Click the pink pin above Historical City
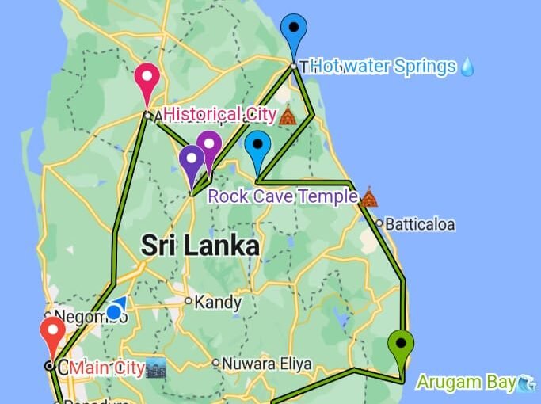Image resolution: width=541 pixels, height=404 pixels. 147,78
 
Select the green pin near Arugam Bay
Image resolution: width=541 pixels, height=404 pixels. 401,345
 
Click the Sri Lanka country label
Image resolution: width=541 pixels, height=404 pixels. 200,246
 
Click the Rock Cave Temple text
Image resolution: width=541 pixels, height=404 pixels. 281,196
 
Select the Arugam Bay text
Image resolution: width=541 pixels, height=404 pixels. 466,383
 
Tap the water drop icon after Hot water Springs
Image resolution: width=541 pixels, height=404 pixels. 467,67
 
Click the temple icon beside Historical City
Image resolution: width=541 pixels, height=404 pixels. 288,116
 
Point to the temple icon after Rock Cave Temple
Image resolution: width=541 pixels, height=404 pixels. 368,196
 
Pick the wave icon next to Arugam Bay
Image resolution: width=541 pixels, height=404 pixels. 527,383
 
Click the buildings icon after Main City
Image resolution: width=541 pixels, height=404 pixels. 155,368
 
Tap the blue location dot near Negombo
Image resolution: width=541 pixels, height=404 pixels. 114,311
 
